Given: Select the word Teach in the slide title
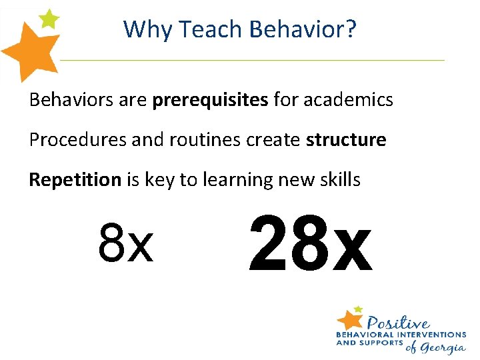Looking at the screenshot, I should pyautogui.click(x=196, y=29).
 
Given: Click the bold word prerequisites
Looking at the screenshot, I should pyautogui.click(x=210, y=101).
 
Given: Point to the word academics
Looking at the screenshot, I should pyautogui.click(x=348, y=100).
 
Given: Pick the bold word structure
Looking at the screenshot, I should pyautogui.click(x=346, y=140).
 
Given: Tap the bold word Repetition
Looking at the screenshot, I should pyautogui.click(x=75, y=180).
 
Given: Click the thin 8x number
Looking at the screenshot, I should pyautogui.click(x=125, y=244).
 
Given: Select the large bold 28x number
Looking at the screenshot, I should pyautogui.click(x=309, y=244).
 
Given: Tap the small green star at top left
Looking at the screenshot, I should pyautogui.click(x=48, y=19).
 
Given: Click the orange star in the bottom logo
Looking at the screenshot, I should pyautogui.click(x=350, y=319).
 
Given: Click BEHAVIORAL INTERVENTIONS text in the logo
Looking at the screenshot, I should pyautogui.click(x=401, y=334).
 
